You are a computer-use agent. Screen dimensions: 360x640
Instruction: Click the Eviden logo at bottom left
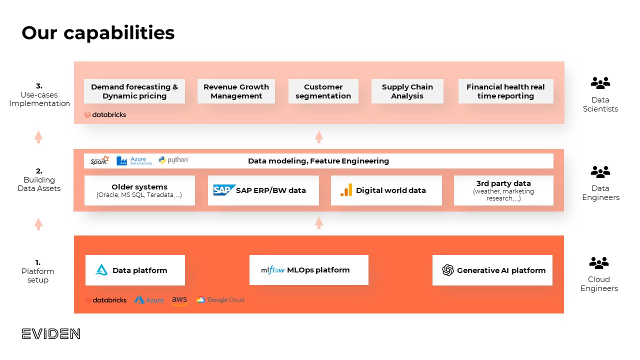pos(51,334)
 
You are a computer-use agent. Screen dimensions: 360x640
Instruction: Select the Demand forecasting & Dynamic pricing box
pos(134,91)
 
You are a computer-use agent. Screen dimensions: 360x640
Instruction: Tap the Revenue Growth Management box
pos(236,91)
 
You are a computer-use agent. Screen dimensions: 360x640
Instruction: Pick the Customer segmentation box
pos(323,91)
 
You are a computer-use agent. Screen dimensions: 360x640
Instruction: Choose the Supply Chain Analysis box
pos(407,91)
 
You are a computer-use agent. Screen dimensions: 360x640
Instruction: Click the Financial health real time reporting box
pos(505,91)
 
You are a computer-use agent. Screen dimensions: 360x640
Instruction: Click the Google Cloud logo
pos(220,300)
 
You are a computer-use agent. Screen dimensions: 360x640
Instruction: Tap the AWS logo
pos(179,300)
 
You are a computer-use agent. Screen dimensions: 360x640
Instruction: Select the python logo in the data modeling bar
pos(173,160)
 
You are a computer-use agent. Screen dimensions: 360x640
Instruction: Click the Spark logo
pos(99,160)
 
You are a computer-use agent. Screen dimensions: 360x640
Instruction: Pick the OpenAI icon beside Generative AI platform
pos(448,270)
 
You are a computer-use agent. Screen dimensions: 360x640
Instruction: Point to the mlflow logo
pos(273,270)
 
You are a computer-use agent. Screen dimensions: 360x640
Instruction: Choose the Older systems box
pos(139,190)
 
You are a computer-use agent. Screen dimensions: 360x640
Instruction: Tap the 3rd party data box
pos(503,190)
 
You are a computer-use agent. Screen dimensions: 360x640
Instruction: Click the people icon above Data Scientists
pos(600,83)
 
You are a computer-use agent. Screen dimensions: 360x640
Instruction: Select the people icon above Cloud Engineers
pos(599,262)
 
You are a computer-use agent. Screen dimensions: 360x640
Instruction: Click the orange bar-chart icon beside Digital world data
pos(346,190)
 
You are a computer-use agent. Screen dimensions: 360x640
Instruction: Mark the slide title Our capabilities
pos(98,33)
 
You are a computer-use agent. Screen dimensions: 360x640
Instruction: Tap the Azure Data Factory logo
pos(134,160)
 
